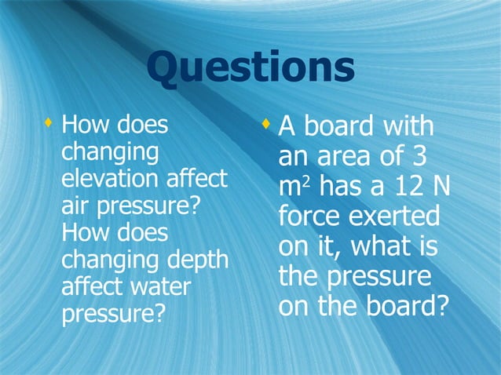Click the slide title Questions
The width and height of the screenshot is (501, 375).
(x=250, y=68)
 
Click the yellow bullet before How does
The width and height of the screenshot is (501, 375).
(x=49, y=123)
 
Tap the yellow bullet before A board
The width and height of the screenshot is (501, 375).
(x=265, y=124)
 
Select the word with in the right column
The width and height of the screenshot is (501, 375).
(x=404, y=128)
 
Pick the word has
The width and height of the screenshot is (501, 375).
(x=343, y=187)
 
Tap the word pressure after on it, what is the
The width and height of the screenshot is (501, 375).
(x=377, y=276)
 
